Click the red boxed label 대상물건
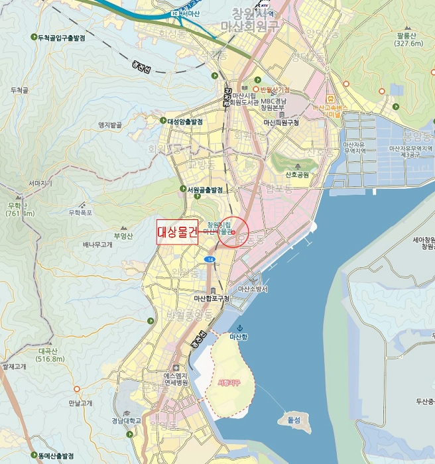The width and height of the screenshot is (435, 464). pos(177,232)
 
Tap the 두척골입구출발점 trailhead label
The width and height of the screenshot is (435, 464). pos(65,38)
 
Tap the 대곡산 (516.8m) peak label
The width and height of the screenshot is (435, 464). pos(51,355)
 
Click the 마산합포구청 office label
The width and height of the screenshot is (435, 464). pos(212,298)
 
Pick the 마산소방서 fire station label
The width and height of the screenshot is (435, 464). pos(253,290)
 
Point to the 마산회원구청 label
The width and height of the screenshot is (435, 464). pos(281,123)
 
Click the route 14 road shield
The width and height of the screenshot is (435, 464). pos(210,259)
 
